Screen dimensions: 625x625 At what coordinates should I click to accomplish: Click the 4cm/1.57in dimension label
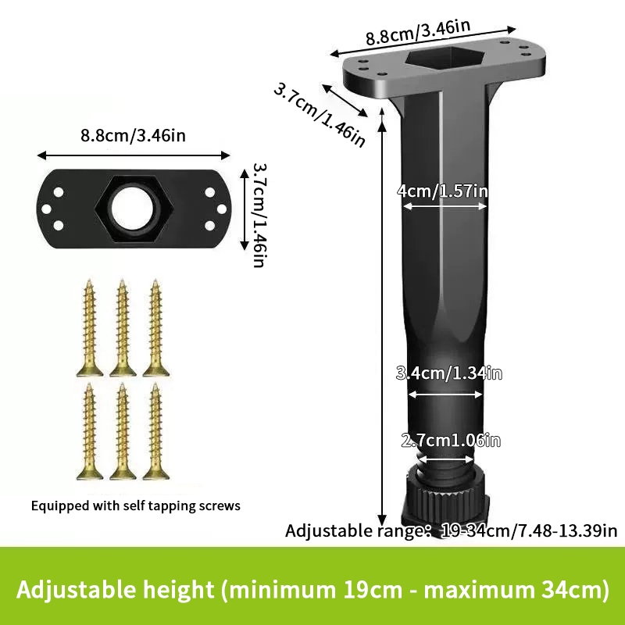tap(442, 191)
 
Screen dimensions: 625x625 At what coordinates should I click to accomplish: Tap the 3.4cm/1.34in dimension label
tap(448, 373)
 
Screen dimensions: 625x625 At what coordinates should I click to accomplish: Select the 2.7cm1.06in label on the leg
tap(451, 441)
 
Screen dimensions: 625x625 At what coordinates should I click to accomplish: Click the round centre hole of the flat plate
tap(133, 209)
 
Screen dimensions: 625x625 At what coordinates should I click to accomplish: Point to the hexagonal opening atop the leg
tap(445, 58)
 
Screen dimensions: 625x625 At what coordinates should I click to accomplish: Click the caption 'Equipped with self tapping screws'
tap(135, 505)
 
